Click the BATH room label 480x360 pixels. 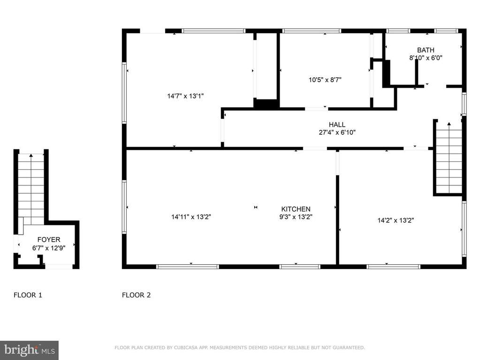tap(426, 50)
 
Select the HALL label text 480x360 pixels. tap(337, 124)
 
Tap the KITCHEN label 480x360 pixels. tap(296, 209)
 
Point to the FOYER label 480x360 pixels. tap(49, 240)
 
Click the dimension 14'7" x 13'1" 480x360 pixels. tap(185, 96)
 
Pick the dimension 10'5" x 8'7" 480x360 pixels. tap(325, 80)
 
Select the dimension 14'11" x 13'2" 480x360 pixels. tap(191, 217)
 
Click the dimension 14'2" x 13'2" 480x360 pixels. tap(396, 221)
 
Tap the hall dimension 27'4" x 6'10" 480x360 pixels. tap(337, 132)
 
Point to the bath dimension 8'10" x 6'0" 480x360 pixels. tap(426, 58)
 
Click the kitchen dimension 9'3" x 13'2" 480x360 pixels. tap(296, 217)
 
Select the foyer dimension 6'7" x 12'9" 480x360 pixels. tap(49, 248)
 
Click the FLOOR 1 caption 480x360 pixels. tap(28, 295)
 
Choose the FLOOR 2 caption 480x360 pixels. tap(136, 295)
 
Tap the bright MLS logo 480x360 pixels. tap(29, 350)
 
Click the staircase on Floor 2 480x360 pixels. tap(449, 157)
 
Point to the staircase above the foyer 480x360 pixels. tap(31, 189)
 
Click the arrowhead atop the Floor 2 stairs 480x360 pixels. tap(449, 123)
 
